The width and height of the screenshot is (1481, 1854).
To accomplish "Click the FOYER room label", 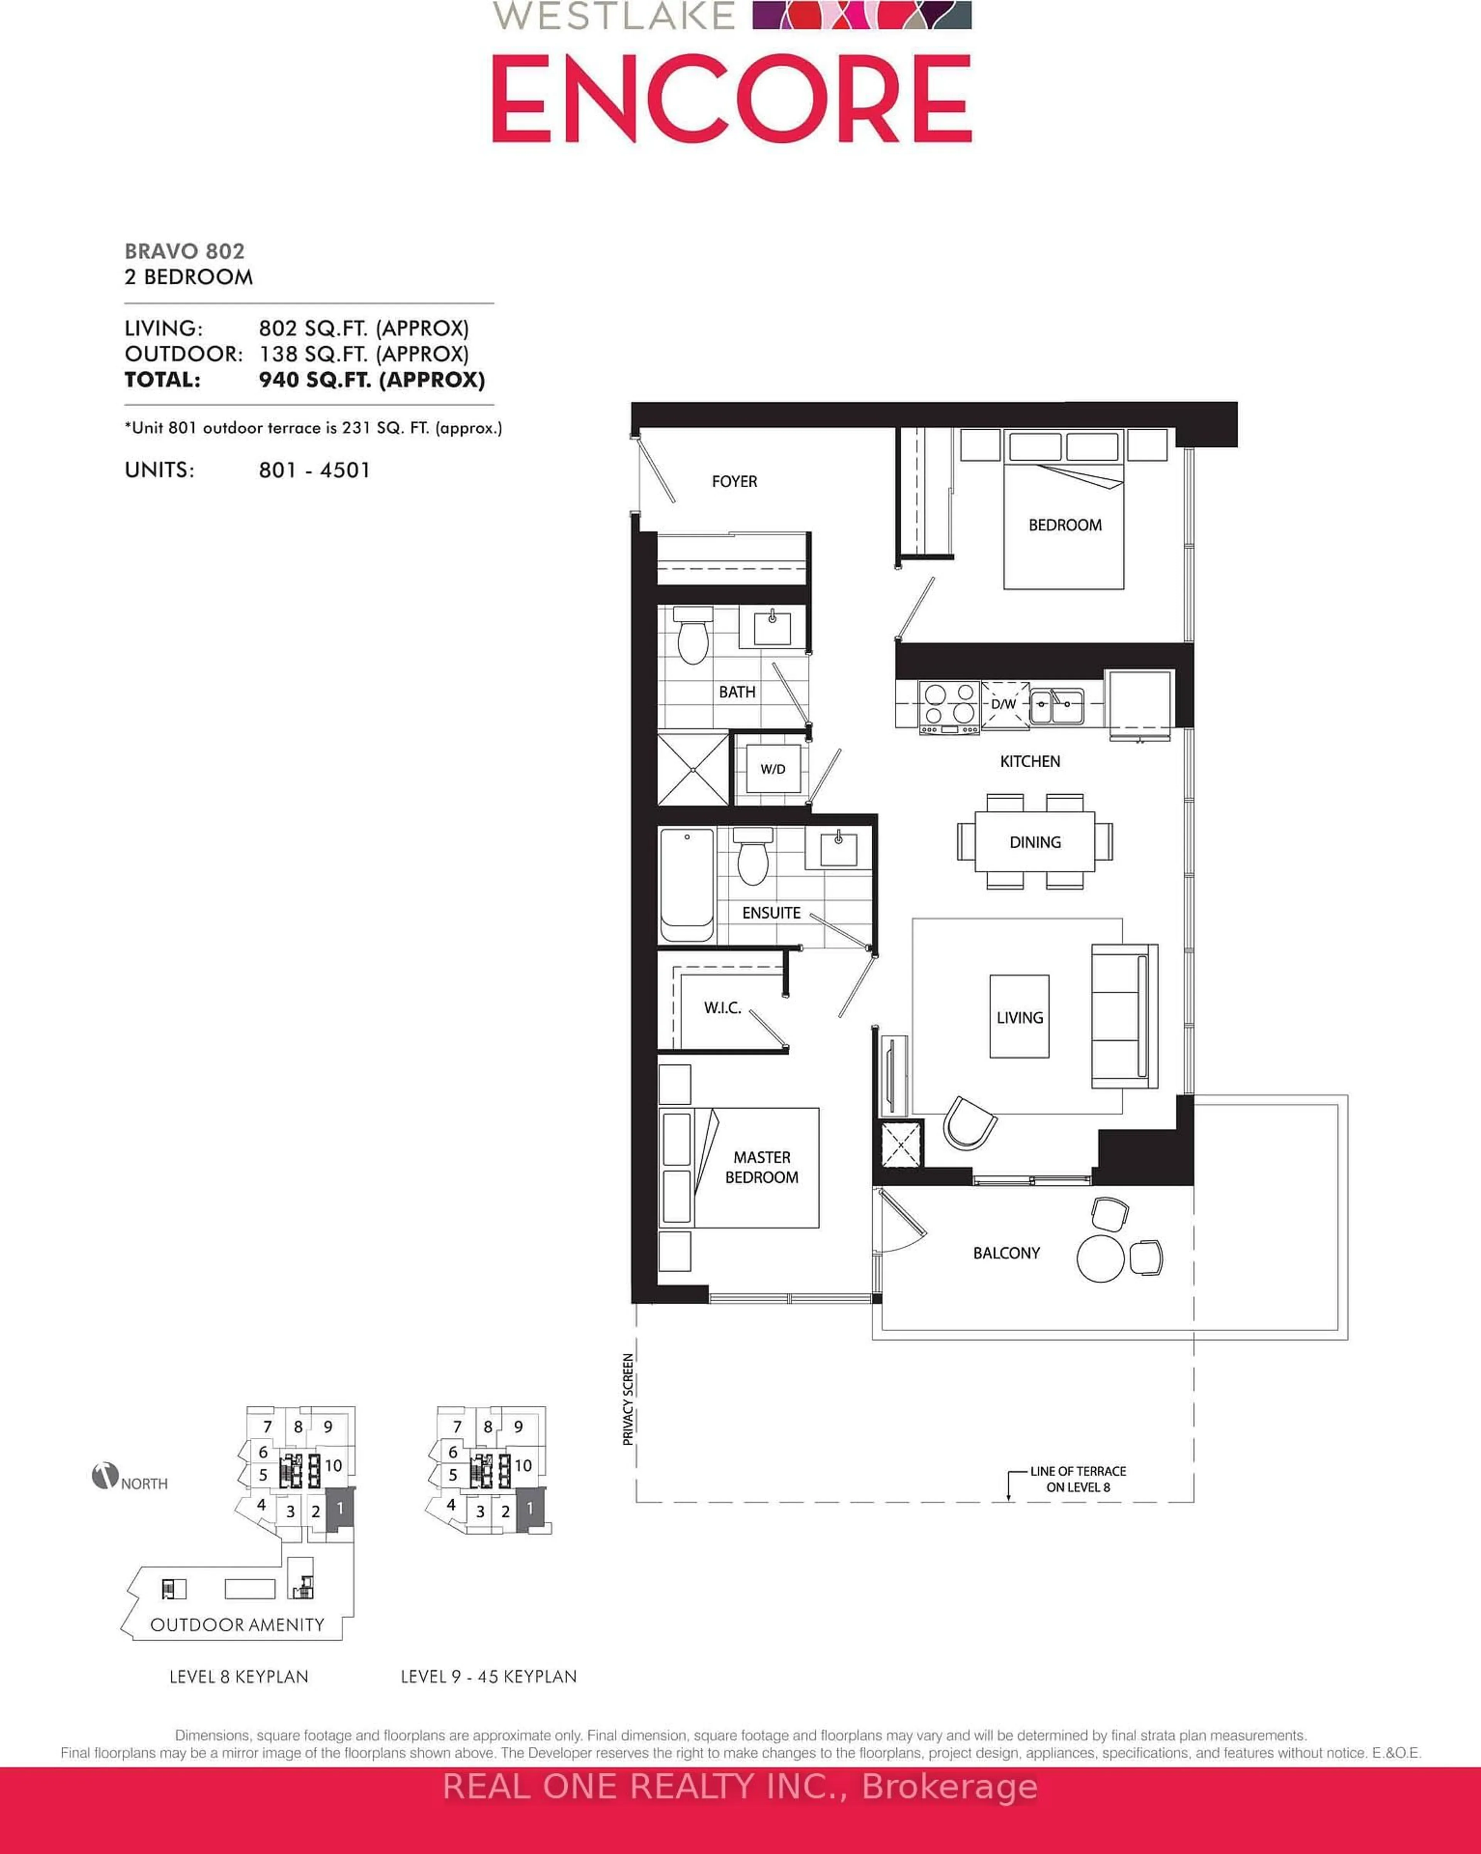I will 734,481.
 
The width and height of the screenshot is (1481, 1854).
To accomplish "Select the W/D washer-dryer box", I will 772,769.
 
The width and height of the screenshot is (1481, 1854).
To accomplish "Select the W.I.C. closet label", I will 722,1008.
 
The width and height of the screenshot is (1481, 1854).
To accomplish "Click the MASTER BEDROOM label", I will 762,1167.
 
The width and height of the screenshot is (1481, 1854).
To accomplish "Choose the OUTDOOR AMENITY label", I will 237,1624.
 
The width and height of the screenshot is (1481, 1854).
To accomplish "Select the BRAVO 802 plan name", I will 185,251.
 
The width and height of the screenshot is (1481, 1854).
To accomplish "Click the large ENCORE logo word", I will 732,99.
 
